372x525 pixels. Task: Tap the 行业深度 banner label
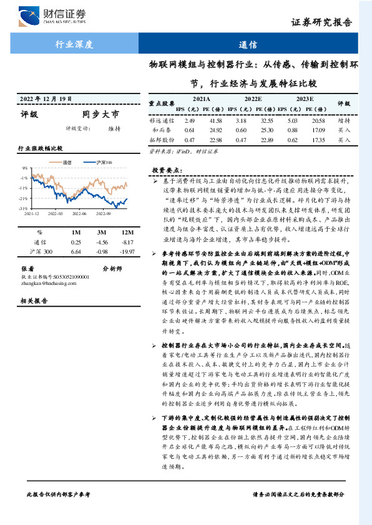[x=74, y=45]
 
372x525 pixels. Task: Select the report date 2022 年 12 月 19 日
[x=46, y=99]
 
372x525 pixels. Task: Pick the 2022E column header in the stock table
[x=253, y=99]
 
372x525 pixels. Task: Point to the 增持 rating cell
[x=344, y=119]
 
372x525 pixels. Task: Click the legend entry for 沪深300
[x=104, y=162]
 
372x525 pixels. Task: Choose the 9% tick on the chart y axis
[x=24, y=168]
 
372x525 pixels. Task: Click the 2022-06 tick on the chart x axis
[x=79, y=213]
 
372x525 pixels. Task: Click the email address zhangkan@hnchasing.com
[x=46, y=282]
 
